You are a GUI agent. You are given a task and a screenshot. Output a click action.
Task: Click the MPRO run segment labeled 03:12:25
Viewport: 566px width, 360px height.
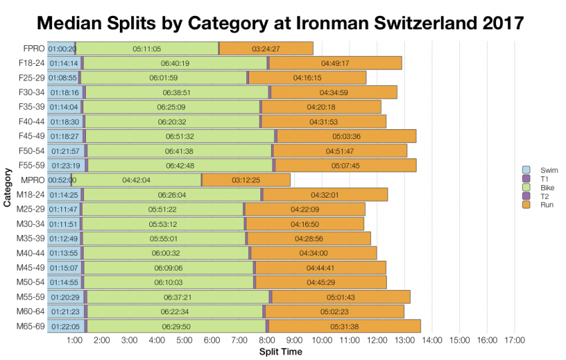coord(246,180)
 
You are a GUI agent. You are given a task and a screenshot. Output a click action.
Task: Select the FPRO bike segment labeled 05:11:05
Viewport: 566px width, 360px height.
coord(146,49)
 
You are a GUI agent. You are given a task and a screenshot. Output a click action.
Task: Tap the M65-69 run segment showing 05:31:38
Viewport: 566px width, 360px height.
coord(344,326)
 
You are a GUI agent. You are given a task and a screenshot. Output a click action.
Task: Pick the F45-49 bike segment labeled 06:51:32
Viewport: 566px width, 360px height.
coord(180,136)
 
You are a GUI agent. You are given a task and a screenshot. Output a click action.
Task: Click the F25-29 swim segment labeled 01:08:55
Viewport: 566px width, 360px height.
coord(63,78)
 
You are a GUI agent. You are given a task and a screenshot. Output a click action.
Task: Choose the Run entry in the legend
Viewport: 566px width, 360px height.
coord(533,205)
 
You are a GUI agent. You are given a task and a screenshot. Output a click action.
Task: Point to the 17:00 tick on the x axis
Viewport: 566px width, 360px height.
coord(514,340)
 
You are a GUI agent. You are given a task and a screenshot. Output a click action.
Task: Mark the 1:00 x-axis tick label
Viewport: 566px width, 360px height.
coord(75,340)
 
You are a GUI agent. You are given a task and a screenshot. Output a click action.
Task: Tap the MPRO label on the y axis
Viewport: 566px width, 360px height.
coord(33,180)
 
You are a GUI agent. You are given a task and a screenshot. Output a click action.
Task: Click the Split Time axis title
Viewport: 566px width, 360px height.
coord(280,351)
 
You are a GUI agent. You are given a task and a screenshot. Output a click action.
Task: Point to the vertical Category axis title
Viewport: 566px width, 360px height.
coord(7,188)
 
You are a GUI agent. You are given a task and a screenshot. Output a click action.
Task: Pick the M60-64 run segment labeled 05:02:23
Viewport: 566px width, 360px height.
coord(334,311)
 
